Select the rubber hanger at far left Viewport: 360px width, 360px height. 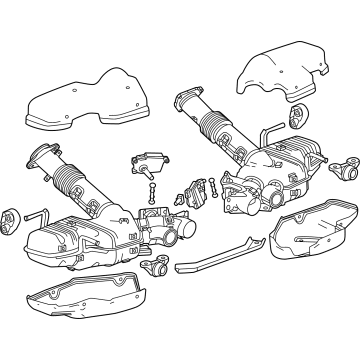click(x=13, y=213)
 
